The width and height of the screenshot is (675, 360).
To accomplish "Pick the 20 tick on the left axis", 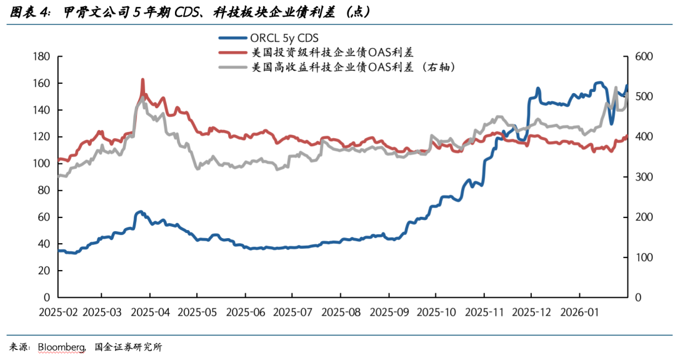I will [44, 271].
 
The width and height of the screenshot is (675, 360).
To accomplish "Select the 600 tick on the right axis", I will [643, 57].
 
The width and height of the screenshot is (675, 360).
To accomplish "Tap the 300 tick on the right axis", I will [643, 177].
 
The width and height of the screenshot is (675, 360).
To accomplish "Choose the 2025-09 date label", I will [389, 311].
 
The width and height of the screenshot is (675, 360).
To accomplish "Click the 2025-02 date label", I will [58, 311].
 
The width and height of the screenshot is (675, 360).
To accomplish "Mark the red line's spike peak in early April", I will [143, 80].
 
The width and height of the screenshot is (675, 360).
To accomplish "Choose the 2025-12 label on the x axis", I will [531, 311].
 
